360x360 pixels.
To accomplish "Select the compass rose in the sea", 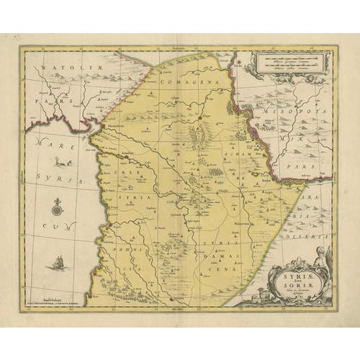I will pos(57,210).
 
